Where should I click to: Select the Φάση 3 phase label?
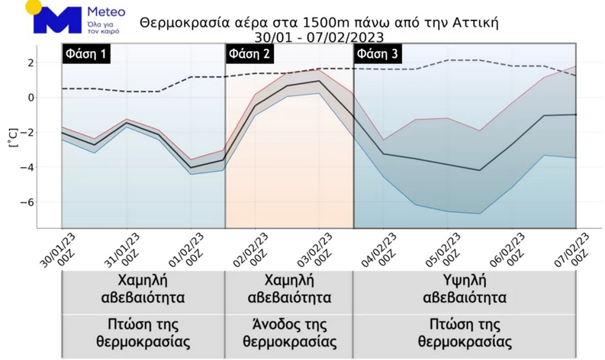coord(377,55)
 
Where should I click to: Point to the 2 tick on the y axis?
coord(32,63)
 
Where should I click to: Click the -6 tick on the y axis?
coord(31,202)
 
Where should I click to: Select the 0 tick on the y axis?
coord(32,98)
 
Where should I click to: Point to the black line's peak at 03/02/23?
coord(320,81)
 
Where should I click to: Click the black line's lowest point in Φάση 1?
coord(191,167)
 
